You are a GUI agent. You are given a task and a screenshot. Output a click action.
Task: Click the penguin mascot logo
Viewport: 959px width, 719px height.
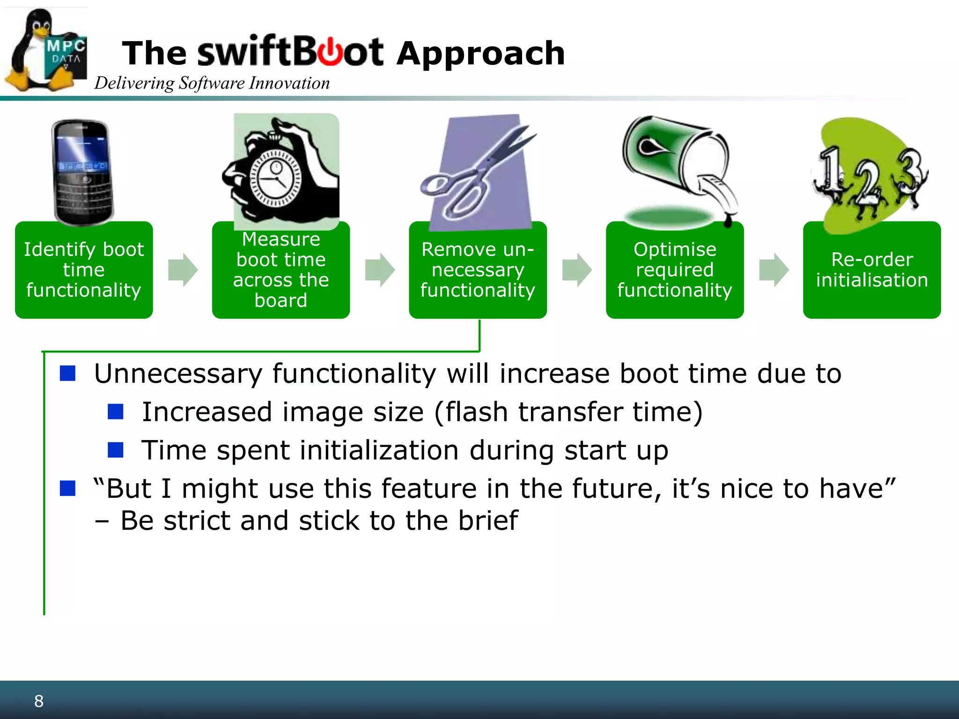pos(44,51)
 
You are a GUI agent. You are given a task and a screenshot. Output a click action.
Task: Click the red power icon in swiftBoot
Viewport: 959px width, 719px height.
pos(331,52)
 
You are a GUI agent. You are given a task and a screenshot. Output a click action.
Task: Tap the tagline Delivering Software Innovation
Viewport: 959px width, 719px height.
pos(212,83)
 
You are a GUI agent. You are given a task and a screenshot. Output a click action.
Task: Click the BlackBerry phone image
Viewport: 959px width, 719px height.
pos(83,171)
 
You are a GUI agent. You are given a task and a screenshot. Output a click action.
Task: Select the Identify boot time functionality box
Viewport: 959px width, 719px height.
pos(84,270)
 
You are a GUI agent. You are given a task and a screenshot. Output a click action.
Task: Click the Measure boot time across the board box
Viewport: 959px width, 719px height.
pos(281,271)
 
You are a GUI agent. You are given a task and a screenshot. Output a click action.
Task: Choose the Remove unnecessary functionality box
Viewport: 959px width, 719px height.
pos(478,270)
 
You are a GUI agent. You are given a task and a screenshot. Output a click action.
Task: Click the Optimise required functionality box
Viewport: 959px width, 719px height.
pos(675,270)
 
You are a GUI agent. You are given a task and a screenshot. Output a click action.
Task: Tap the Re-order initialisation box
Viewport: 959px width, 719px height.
pos(871,270)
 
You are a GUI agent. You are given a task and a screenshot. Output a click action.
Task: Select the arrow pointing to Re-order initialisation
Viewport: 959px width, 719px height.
pos(774,270)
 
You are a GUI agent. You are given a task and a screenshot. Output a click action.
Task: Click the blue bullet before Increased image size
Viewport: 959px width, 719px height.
pos(115,412)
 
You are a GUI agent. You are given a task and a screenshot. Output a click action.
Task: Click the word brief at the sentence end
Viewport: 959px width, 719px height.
pos(488,521)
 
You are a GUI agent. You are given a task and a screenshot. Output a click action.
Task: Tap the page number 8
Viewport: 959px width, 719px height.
pos(39,701)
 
